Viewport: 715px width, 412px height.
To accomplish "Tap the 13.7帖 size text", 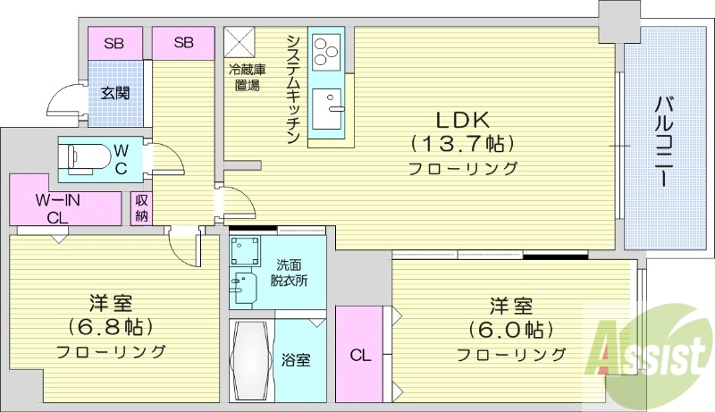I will [463, 143].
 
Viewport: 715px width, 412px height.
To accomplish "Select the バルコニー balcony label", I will [663, 143].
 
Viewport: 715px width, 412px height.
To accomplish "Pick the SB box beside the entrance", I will [114, 43].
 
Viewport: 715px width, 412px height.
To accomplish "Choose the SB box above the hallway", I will [182, 43].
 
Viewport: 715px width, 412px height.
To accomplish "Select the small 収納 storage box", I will [141, 209].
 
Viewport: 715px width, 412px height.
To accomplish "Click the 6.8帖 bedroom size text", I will [112, 326].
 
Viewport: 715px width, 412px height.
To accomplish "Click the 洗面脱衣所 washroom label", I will [289, 273].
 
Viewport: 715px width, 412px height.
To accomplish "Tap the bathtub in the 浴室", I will [251, 359].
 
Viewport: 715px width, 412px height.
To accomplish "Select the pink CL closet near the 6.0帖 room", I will [359, 355].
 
